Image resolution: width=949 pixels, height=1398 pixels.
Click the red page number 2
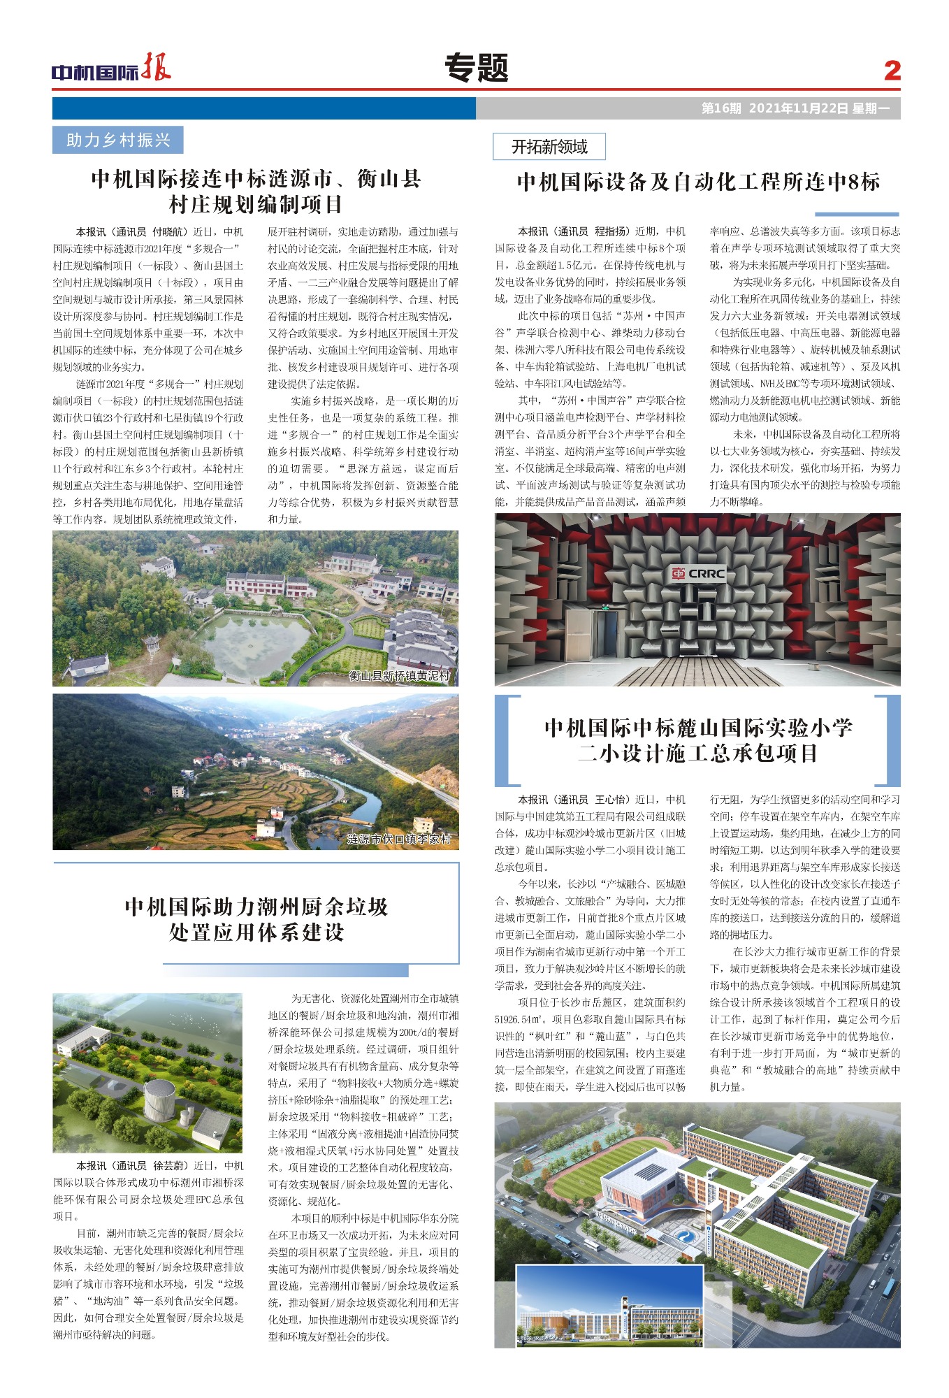pyautogui.click(x=892, y=71)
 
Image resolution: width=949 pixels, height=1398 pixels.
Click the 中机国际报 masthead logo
pyautogui.click(x=111, y=69)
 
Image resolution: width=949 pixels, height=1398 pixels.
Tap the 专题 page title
pyautogui.click(x=476, y=69)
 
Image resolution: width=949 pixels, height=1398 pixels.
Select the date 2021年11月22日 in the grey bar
pyautogui.click(x=798, y=108)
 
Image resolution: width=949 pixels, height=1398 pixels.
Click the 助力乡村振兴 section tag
pyautogui.click(x=117, y=140)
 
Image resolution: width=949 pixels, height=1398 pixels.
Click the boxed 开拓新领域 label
pyautogui.click(x=549, y=147)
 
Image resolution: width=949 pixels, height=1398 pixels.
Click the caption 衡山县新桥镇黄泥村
pyautogui.click(x=399, y=676)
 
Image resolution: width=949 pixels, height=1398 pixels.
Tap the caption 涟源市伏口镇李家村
pyautogui.click(x=399, y=839)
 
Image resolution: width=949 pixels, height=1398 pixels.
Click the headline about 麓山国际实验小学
pyautogui.click(x=697, y=740)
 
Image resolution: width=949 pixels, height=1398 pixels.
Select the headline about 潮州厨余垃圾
pyautogui.click(x=256, y=919)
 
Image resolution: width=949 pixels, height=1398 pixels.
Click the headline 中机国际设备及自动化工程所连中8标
pyautogui.click(x=697, y=182)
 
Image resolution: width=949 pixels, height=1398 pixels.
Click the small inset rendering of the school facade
pyautogui.click(x=609, y=1304)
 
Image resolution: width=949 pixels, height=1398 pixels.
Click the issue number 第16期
pyautogui.click(x=720, y=108)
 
